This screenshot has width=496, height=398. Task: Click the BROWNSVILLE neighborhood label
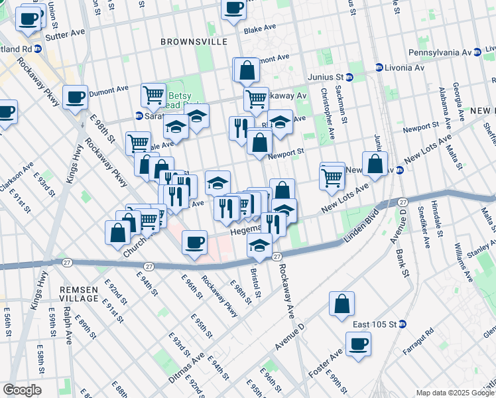coord(194,42)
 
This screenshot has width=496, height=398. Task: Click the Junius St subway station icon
coord(349,77)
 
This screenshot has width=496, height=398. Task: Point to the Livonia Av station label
coord(404,67)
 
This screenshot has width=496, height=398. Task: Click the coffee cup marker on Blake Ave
coord(233,9)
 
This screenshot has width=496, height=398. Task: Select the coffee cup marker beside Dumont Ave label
coord(75,98)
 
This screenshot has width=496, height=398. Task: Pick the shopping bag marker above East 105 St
coord(342,304)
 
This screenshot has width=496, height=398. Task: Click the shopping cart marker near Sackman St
coord(332,177)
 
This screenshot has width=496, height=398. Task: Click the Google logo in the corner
coord(22,389)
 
